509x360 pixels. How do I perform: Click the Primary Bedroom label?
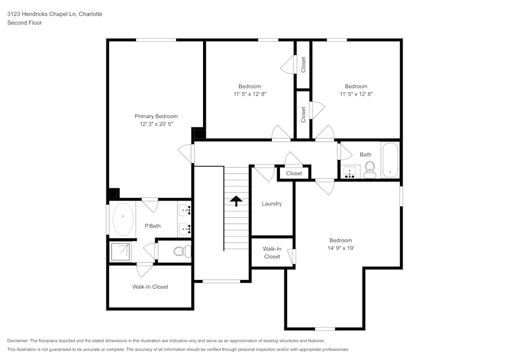click(x=156, y=116)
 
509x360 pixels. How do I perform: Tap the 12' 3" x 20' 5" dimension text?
click(x=156, y=124)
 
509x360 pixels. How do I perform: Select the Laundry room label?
click(x=272, y=204)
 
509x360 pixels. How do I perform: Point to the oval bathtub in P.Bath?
click(x=123, y=219)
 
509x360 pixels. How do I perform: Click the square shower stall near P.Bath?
click(x=121, y=251)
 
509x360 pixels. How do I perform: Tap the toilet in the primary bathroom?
click(x=181, y=251)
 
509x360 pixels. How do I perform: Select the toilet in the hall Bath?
click(x=370, y=170)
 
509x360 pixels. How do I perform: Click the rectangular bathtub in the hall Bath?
click(x=390, y=160)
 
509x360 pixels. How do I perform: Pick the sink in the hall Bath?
click(x=350, y=172)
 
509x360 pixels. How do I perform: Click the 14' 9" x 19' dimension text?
click(x=341, y=248)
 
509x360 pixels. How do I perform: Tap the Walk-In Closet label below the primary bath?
click(x=150, y=287)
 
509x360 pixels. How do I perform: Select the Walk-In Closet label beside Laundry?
click(x=272, y=253)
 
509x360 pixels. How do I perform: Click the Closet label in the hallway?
click(x=294, y=174)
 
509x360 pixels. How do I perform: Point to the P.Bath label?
click(x=152, y=226)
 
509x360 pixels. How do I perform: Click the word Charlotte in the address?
click(x=91, y=14)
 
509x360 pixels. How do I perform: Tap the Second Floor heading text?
click(x=24, y=23)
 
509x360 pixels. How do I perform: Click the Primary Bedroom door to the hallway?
click(x=187, y=153)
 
